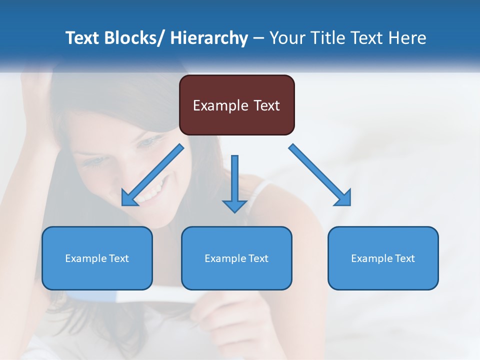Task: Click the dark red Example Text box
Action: point(236,105)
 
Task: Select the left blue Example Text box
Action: point(97,258)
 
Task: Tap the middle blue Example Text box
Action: point(236,258)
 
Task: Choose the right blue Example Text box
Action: point(383,258)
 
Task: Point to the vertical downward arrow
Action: point(234,182)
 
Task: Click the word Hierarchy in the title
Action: point(209,38)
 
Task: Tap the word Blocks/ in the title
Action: point(133,38)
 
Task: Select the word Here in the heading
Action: point(408,38)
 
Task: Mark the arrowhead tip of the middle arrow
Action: point(234,212)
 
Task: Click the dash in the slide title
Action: point(258,38)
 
